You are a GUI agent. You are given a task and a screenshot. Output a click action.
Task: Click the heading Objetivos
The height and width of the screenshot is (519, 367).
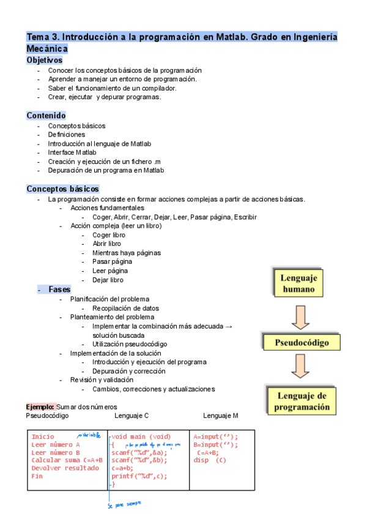point(45,60)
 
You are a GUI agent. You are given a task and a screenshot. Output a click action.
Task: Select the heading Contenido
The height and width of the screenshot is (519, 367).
point(46,115)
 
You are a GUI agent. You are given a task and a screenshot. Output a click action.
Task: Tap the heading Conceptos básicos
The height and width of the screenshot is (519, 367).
point(62,189)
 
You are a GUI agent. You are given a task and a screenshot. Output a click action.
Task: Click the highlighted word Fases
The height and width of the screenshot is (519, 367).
point(59,289)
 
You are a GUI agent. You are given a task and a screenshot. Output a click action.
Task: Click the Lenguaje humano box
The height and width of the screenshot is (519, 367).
point(298,283)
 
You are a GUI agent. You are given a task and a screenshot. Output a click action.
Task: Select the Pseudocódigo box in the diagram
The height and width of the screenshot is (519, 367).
point(300,342)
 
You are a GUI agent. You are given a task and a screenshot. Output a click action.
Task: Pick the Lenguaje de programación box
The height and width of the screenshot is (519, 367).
point(301,401)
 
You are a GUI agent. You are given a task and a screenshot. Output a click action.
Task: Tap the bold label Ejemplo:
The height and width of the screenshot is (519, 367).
point(40,407)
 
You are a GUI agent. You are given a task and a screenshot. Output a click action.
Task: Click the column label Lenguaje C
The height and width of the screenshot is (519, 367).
point(132,416)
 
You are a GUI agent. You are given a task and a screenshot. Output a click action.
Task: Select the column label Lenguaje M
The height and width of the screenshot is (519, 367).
point(221,416)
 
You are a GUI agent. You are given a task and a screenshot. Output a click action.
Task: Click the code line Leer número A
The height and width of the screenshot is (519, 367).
point(56,444)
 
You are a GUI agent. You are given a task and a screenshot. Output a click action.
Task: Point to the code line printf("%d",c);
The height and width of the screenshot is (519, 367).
point(139,476)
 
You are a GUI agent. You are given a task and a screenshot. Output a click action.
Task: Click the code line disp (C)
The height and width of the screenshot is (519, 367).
point(210,460)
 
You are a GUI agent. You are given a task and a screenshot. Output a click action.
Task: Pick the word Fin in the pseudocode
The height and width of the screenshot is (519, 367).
point(37,476)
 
